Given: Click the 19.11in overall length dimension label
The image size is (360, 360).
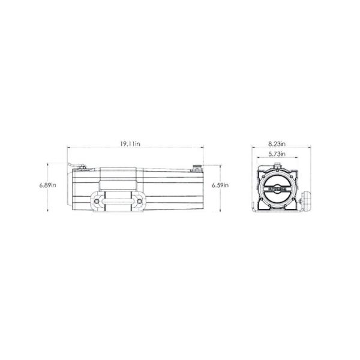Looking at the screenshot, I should tap(130, 144).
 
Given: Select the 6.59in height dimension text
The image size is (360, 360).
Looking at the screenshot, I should tap(220, 185).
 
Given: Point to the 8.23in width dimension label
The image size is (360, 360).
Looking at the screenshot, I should tap(277, 144).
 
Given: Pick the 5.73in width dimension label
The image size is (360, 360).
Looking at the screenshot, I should tap(277, 154).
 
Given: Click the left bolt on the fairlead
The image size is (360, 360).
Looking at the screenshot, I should tap(95, 202).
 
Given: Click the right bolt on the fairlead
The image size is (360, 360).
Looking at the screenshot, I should tap(140, 202).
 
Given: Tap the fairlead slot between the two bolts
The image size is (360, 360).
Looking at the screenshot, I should tap(118, 202).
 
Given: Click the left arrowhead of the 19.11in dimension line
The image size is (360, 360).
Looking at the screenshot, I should tap(68, 148).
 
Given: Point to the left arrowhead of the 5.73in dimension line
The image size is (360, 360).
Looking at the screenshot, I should tap(259, 158).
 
